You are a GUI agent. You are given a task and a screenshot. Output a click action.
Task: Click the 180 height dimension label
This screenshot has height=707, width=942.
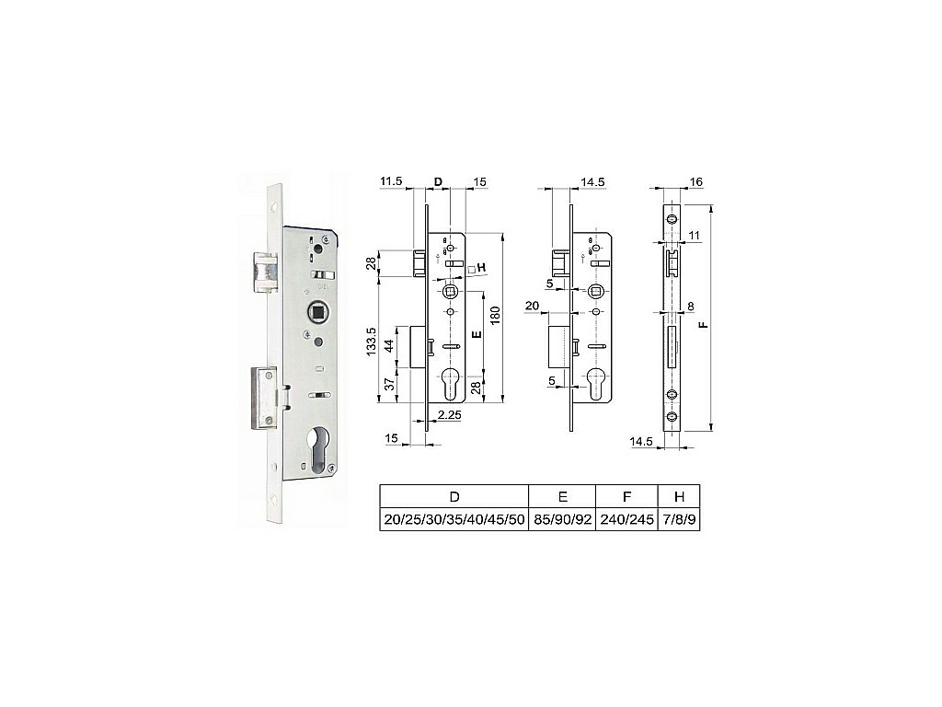click(495, 316)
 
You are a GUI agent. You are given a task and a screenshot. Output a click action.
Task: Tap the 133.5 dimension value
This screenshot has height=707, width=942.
click(372, 342)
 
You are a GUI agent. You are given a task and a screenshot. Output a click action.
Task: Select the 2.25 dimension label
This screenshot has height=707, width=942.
click(449, 414)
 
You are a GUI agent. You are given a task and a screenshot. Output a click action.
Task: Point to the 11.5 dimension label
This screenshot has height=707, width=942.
click(390, 181)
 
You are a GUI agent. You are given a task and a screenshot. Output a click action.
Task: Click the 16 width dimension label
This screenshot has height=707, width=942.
click(697, 182)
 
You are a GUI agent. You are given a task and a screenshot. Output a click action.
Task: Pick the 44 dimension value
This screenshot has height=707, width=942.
click(389, 346)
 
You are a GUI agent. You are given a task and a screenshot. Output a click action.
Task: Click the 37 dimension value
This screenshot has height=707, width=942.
click(389, 384)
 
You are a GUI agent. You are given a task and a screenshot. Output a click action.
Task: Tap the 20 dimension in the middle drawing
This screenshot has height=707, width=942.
click(533, 306)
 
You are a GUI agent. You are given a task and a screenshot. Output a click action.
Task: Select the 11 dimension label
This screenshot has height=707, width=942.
click(695, 236)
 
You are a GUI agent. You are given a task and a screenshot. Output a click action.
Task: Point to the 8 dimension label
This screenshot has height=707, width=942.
click(691, 307)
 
